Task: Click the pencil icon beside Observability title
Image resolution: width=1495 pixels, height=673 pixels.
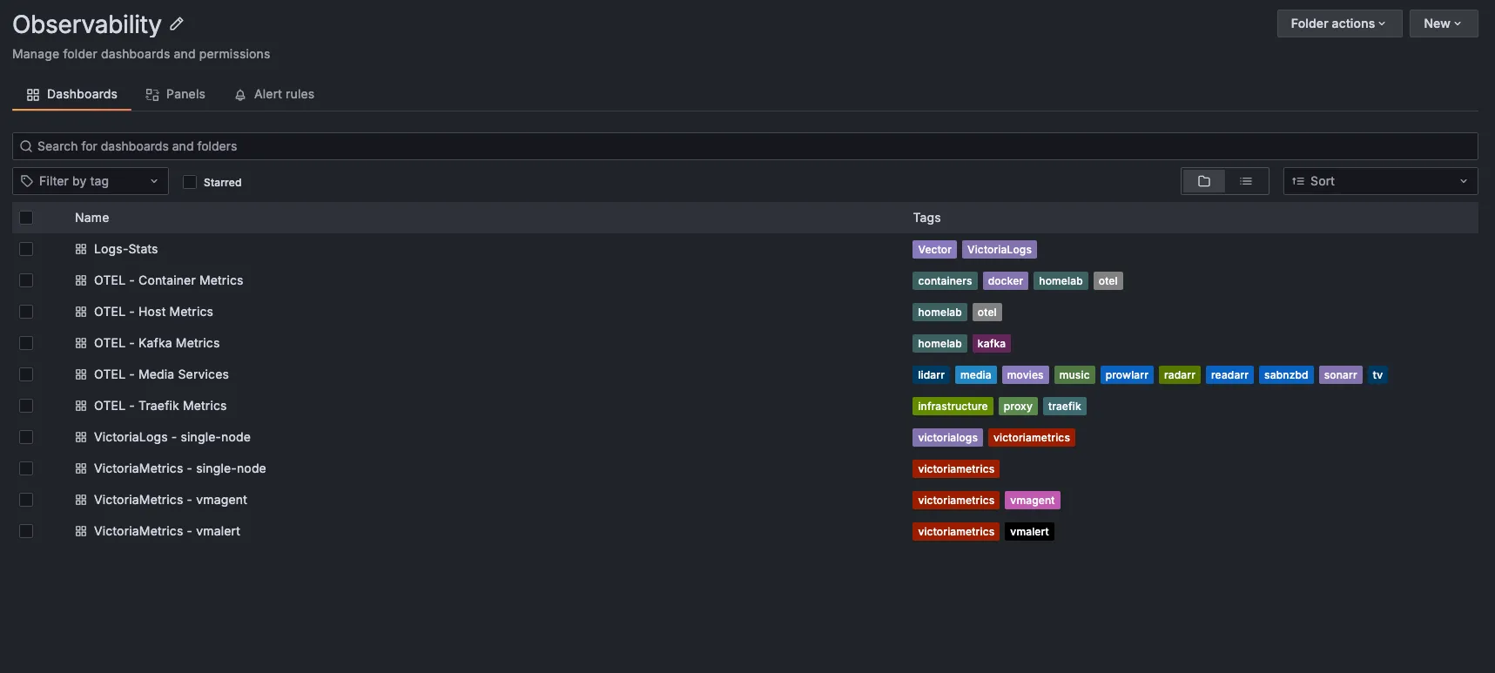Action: pos(177,24)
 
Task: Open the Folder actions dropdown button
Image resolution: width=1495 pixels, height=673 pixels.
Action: pos(1338,24)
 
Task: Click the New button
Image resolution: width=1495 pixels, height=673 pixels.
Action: pos(1443,24)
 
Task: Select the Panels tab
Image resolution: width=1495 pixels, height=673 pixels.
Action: pos(176,94)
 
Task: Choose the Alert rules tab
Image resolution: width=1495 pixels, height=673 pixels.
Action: pos(274,94)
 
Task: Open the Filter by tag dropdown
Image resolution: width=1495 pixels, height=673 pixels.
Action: pos(91,181)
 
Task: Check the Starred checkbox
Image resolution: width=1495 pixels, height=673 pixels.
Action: pos(190,182)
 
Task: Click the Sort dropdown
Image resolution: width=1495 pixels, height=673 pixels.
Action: pos(1380,181)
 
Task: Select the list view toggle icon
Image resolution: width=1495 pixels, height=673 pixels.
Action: pos(1246,181)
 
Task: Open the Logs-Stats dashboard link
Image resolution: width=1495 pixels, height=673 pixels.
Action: pos(125,249)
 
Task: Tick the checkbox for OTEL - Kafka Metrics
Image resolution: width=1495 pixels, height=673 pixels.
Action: pos(26,343)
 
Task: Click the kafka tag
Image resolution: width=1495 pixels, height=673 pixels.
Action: pos(991,344)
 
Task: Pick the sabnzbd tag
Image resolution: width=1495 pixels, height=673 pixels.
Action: pos(1285,375)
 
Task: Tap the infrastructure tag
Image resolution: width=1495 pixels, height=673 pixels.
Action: pos(953,407)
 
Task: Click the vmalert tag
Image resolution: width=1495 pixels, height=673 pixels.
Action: pos(1029,532)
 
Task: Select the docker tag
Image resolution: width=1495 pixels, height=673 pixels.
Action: pos(1005,281)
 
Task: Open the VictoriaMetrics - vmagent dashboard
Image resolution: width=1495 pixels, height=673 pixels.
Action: pos(171,500)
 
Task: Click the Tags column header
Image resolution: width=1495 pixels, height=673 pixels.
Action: pos(926,218)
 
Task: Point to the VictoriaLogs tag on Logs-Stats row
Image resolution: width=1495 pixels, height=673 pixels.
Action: pos(999,250)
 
